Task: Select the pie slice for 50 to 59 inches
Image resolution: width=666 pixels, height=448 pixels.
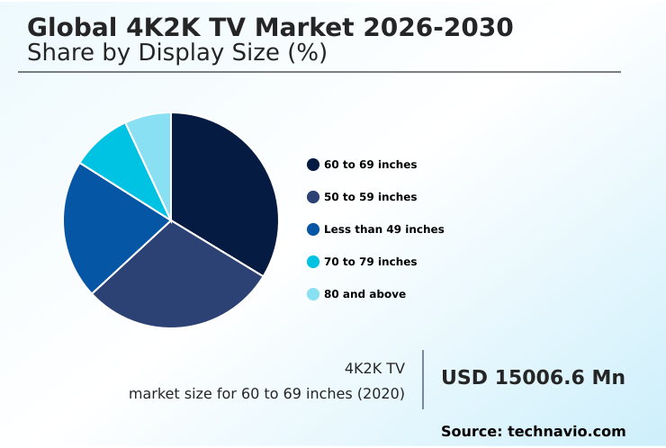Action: (x=180, y=279)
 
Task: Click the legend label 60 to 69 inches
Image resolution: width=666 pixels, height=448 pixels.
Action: (x=370, y=165)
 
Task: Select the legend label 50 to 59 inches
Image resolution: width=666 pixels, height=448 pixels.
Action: (x=370, y=197)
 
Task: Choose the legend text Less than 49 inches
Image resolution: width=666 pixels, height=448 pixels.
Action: (x=383, y=229)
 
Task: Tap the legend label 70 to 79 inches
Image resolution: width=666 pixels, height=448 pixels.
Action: (x=370, y=262)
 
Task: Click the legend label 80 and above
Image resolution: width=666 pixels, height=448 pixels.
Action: (x=364, y=294)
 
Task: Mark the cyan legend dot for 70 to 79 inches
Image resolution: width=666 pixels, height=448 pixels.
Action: (x=313, y=262)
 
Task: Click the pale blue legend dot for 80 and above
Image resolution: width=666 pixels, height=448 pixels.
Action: (x=313, y=294)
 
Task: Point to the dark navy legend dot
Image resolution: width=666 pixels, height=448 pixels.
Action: (x=313, y=165)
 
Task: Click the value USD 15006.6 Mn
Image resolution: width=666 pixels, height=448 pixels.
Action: (x=533, y=378)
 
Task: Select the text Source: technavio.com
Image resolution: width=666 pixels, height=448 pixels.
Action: (x=533, y=432)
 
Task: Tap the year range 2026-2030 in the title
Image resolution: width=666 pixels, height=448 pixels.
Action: (x=438, y=28)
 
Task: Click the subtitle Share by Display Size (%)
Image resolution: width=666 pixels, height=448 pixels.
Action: (x=176, y=53)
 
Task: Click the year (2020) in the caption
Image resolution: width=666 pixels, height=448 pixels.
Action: (x=380, y=394)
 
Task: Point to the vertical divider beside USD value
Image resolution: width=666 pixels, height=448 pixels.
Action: (x=423, y=380)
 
